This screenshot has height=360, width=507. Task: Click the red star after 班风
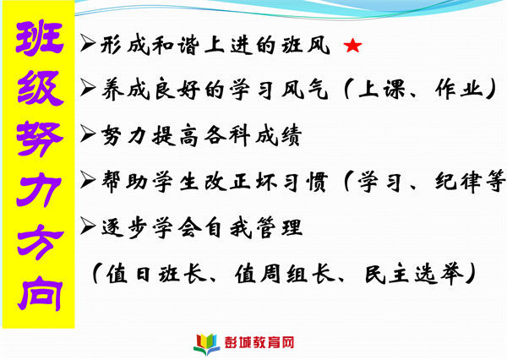352,46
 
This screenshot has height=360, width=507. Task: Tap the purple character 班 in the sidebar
40,38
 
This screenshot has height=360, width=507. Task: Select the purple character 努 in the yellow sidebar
40,139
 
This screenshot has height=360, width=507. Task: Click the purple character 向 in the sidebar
40,293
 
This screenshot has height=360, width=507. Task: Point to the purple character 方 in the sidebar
40,242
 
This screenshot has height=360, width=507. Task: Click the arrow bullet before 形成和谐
88,43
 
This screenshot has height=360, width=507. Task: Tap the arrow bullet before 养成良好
88,88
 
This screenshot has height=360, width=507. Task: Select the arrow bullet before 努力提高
88,134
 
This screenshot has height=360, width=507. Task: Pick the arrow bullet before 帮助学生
88,180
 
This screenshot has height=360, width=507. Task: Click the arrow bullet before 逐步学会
88,226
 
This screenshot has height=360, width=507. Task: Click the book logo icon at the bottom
207,344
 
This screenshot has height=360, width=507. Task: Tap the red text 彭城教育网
259,343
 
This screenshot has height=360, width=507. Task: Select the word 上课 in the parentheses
382,89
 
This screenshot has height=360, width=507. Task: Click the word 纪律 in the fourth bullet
459,182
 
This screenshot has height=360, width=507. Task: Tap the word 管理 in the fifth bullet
280,227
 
